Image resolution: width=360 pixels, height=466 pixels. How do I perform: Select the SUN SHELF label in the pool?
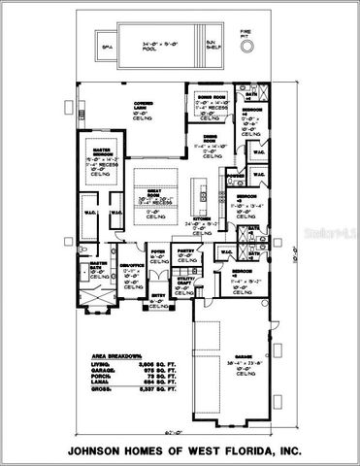212,44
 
